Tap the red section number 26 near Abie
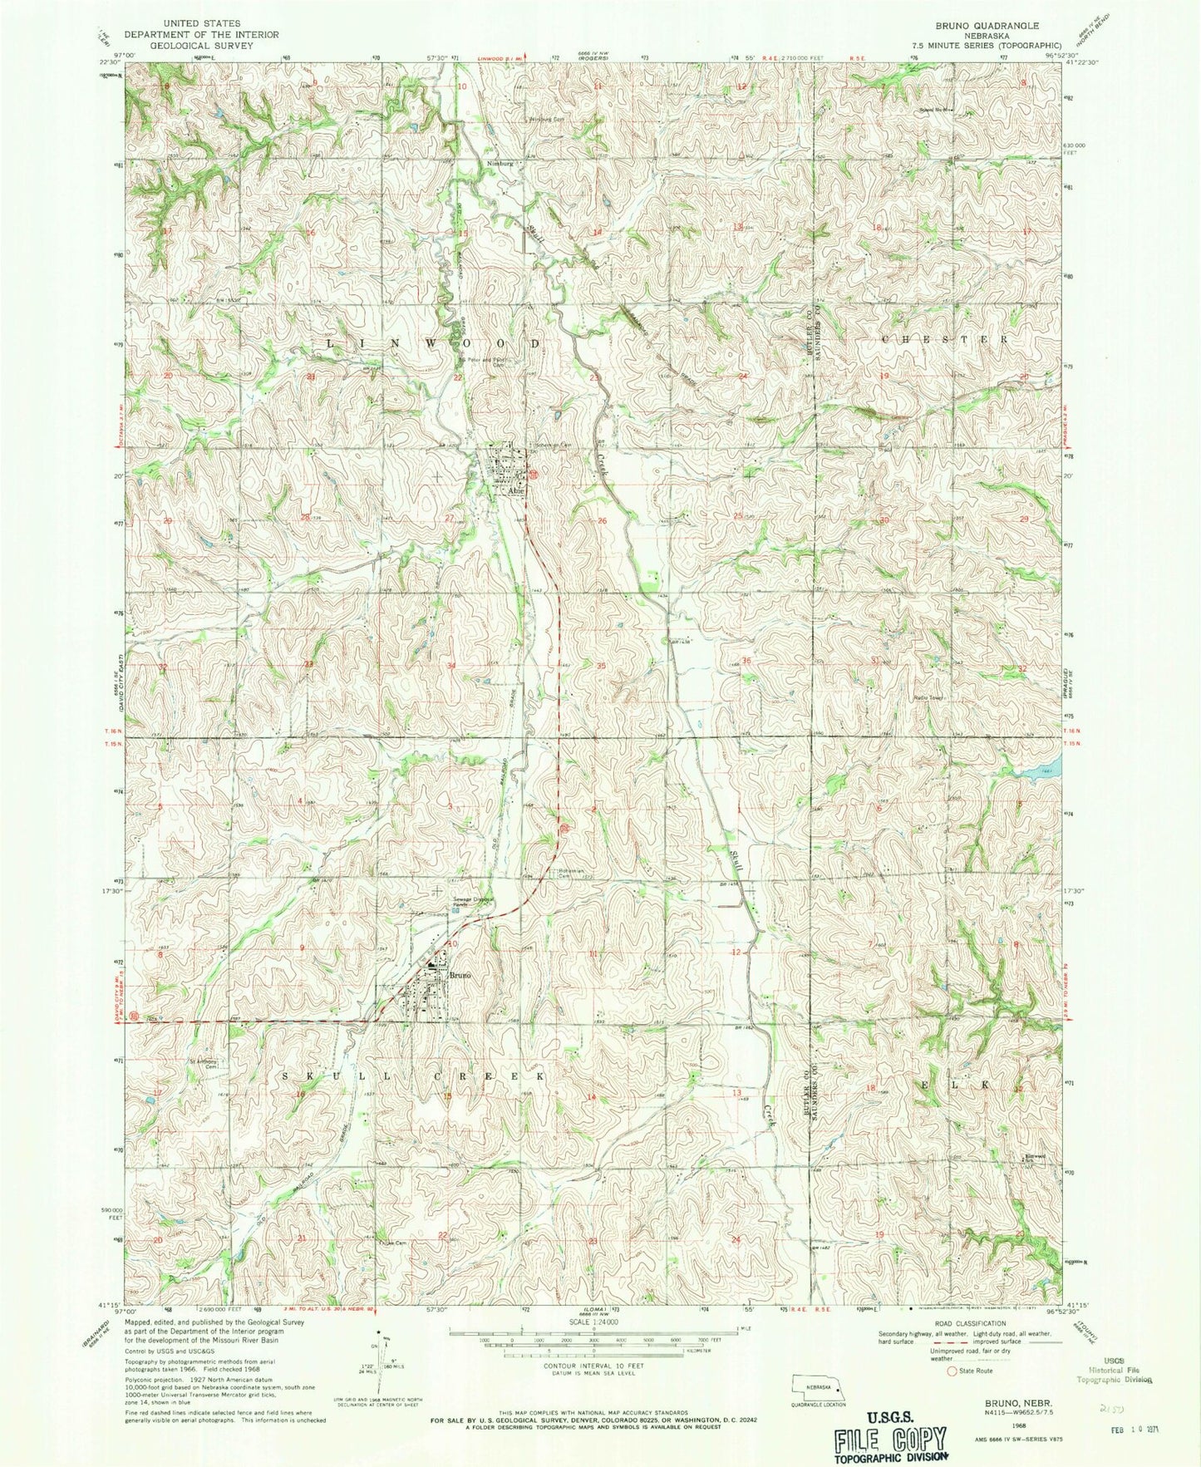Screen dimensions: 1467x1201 pyautogui.click(x=603, y=521)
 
